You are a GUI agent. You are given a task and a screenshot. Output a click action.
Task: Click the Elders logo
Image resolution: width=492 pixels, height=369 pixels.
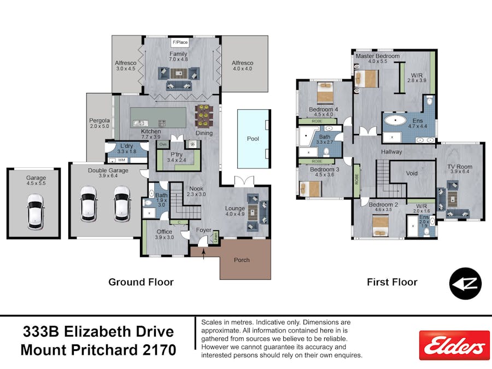pyautogui.click(x=454, y=345)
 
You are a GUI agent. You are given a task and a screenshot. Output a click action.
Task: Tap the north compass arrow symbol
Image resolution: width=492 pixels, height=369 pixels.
pyautogui.click(x=465, y=284)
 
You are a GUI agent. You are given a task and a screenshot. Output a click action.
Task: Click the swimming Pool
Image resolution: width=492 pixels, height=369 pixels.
pyautogui.click(x=253, y=139)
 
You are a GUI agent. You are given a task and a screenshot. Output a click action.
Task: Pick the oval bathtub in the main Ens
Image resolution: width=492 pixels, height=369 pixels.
pyautogui.click(x=395, y=121)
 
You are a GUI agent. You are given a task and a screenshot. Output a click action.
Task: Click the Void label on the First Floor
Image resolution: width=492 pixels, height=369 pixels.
pyautogui.click(x=412, y=173)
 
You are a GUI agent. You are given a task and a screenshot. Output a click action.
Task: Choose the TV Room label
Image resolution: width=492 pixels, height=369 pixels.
pyautogui.click(x=460, y=167)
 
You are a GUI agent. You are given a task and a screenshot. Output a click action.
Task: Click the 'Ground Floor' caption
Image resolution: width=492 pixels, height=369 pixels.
pyautogui.click(x=141, y=282)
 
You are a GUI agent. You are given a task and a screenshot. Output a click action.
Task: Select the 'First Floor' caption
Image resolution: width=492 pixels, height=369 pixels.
pyautogui.click(x=393, y=282)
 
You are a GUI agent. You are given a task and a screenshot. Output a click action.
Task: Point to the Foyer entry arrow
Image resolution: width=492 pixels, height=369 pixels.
pyautogui.click(x=203, y=254)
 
